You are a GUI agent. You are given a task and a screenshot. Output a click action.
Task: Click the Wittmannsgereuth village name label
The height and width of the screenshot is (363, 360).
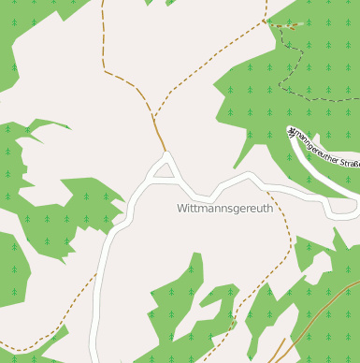pyautogui.click(x=224, y=210)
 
